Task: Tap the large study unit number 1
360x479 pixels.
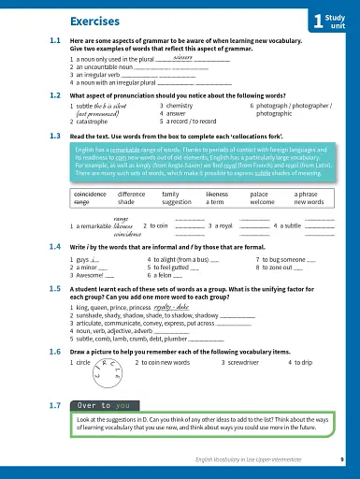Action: [319, 21]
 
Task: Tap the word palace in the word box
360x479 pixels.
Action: [260, 193]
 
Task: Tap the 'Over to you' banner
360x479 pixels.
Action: [94, 407]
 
